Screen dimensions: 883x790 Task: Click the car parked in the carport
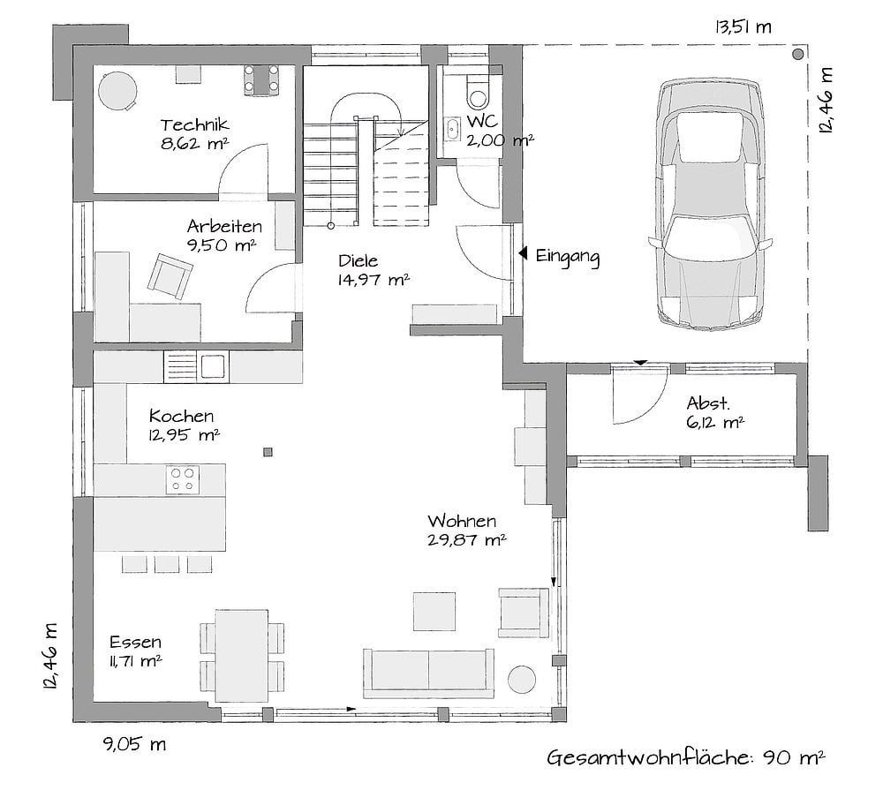pyautogui.click(x=710, y=204)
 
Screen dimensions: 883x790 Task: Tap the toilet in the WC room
pyautogui.click(x=478, y=93)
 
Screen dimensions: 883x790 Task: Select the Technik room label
pyautogui.click(x=194, y=124)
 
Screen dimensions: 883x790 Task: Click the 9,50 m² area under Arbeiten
pyautogui.click(x=222, y=245)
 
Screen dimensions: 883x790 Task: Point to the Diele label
pyautogui.click(x=358, y=260)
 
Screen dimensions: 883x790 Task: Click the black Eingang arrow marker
pyautogui.click(x=523, y=253)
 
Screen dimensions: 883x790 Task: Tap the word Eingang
pyautogui.click(x=567, y=257)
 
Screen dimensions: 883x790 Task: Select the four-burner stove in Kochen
pyautogui.click(x=183, y=480)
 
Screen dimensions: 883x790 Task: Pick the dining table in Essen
pyautogui.click(x=242, y=656)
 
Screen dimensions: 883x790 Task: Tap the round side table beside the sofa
pyautogui.click(x=522, y=680)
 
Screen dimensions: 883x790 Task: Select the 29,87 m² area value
pyautogui.click(x=467, y=540)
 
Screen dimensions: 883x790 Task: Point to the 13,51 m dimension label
pyautogui.click(x=743, y=27)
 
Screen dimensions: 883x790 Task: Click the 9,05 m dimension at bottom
pyautogui.click(x=134, y=744)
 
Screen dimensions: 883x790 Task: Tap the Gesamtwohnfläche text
pyautogui.click(x=649, y=758)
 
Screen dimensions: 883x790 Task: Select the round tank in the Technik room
pyautogui.click(x=117, y=90)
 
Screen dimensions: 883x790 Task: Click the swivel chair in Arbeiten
pyautogui.click(x=170, y=276)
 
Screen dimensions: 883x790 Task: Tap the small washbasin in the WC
pyautogui.click(x=452, y=129)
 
